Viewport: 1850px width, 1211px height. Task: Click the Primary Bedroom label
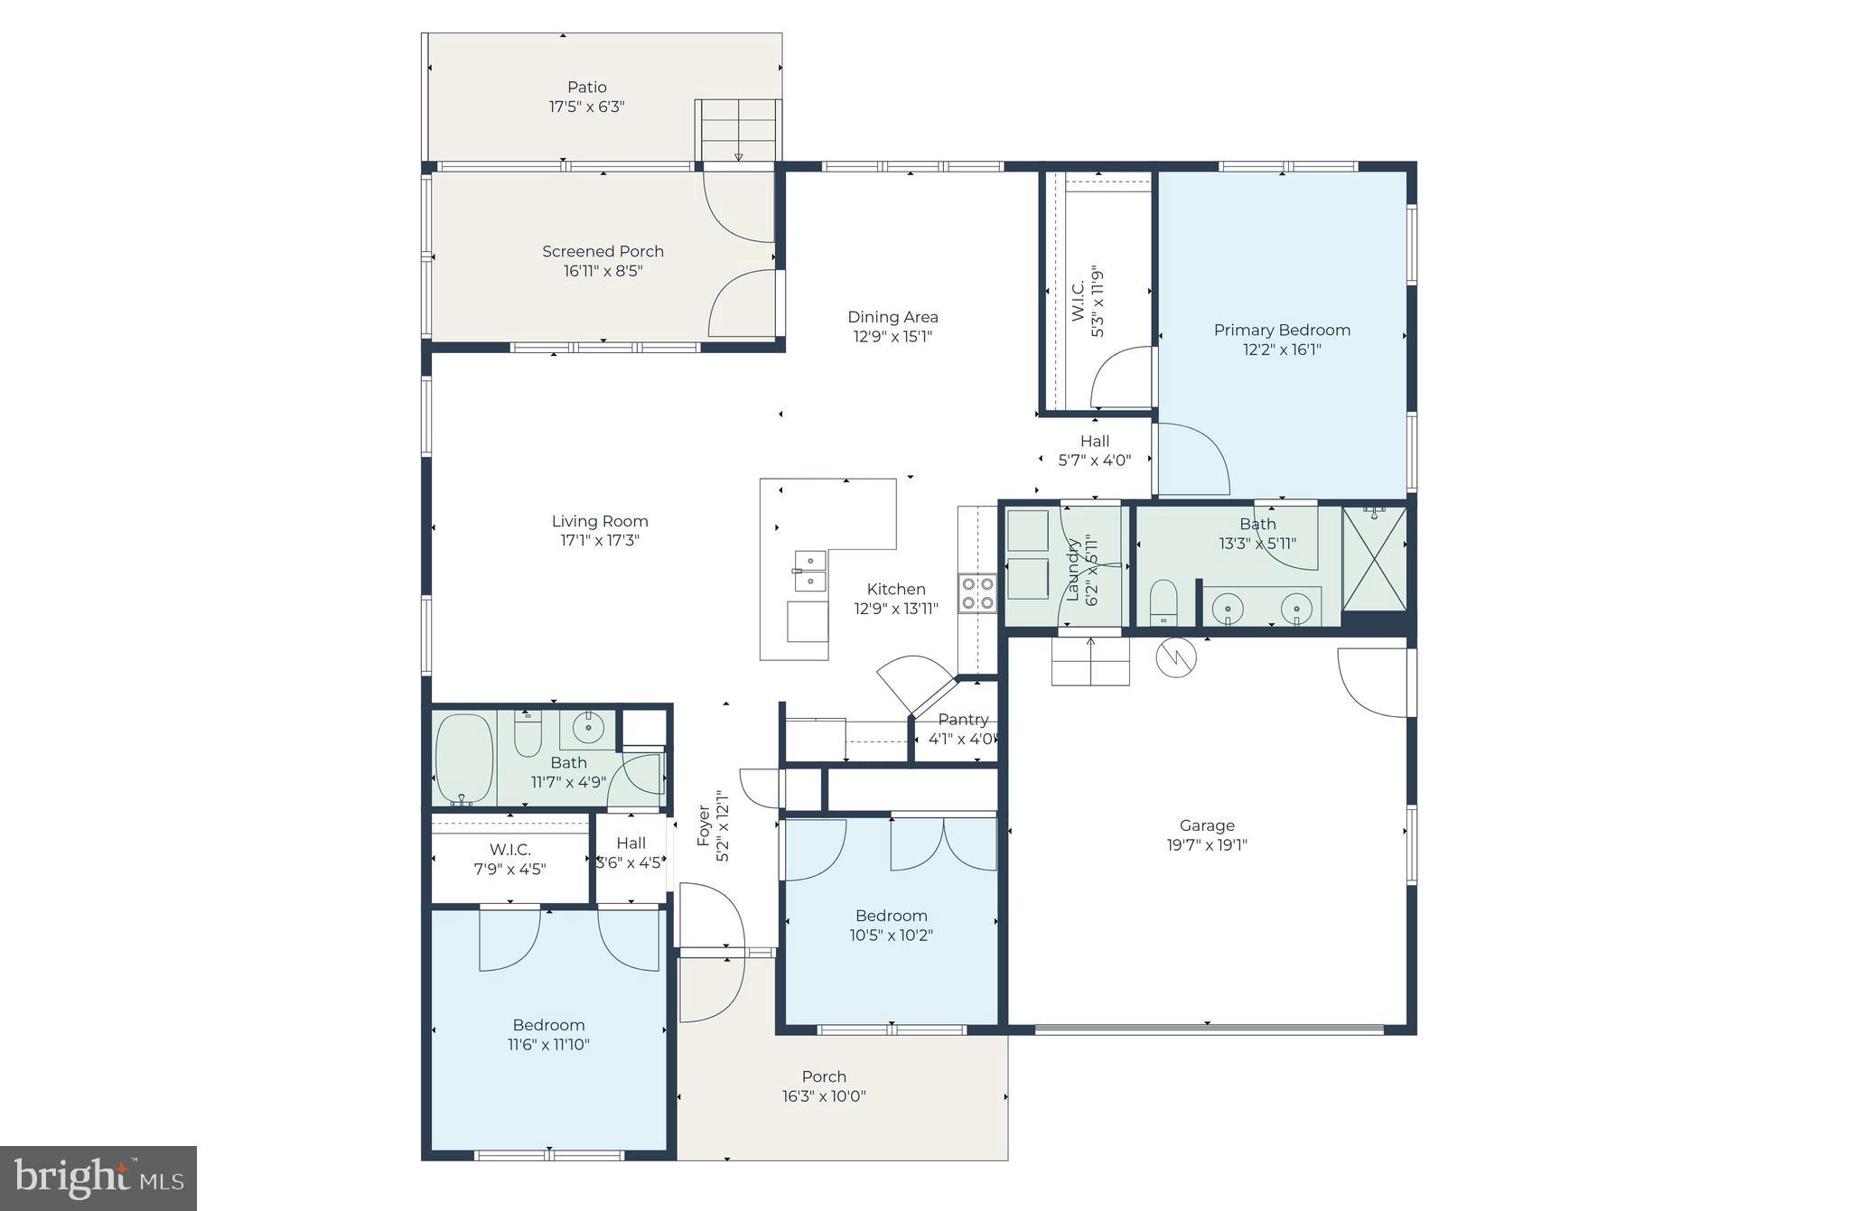click(x=1281, y=331)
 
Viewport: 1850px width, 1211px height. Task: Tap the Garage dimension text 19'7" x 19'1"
click(x=1206, y=845)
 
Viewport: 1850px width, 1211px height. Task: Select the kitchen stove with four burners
click(x=977, y=593)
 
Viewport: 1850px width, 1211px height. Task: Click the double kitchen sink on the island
click(x=809, y=571)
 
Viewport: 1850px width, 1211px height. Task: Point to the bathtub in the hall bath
click(x=463, y=759)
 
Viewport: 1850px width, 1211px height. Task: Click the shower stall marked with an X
click(x=1374, y=560)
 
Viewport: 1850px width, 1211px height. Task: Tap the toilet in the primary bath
click(x=1164, y=602)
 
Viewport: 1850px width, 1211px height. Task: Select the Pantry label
click(x=963, y=720)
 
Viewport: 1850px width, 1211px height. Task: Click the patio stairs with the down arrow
click(x=738, y=131)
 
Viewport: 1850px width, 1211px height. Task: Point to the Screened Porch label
click(x=603, y=252)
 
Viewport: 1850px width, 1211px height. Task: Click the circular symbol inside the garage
click(x=1176, y=657)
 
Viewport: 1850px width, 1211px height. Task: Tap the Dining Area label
click(x=892, y=317)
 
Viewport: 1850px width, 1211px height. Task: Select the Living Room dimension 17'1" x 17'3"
click(x=600, y=541)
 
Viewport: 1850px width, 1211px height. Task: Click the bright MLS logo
click(x=98, y=1178)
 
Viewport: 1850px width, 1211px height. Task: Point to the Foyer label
click(x=704, y=825)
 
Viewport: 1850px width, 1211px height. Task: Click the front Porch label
click(x=824, y=1076)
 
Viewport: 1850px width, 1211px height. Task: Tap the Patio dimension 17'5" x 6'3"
click(x=586, y=107)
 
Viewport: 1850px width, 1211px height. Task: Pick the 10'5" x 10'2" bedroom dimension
click(x=891, y=936)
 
